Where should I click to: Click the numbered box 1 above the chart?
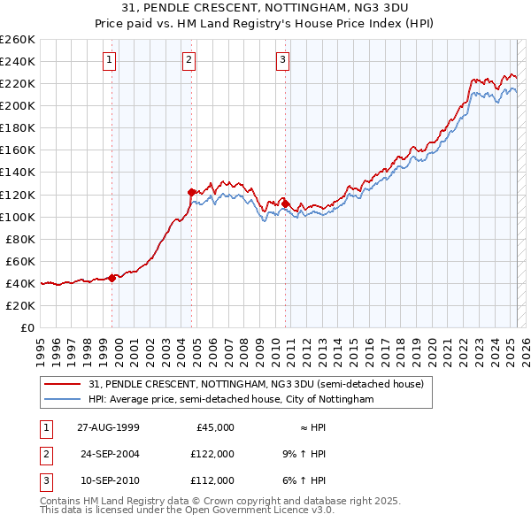tap(109, 60)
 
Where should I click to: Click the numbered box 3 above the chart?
tap(282, 60)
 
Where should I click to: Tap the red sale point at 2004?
tap(191, 191)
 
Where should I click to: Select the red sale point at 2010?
tap(285, 203)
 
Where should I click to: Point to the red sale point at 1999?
tap(112, 277)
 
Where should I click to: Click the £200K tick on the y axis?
tap(18, 105)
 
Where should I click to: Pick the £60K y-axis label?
tap(21, 261)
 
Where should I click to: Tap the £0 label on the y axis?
tap(27, 327)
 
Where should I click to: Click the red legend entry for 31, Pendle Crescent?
tap(257, 385)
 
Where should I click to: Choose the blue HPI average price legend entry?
tap(231, 400)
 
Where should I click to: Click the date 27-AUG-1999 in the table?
tap(108, 427)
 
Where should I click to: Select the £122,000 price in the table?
tap(212, 454)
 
